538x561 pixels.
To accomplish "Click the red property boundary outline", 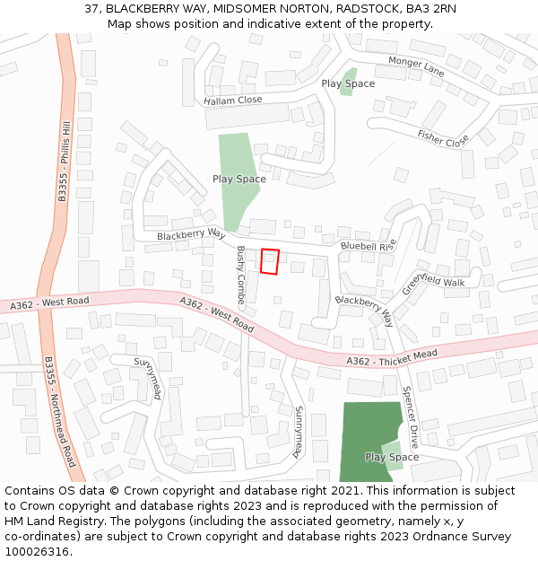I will pos(270,261).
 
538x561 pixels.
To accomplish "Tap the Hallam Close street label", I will pos(232,101).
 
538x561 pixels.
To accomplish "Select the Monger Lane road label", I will pos(416,66).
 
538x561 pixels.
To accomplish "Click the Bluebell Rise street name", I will pos(368,246).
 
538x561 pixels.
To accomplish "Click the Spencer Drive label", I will pos(411,417).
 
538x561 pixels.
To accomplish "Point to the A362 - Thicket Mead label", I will pos(392,357).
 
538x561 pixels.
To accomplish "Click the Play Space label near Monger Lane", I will pos(348,83).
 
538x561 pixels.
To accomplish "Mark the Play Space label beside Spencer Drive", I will pos(392,457).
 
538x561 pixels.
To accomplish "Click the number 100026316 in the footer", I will pos(36,551).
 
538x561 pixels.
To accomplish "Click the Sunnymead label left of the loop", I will pos(149,378).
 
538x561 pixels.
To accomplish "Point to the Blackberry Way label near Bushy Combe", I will pos(190,234).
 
